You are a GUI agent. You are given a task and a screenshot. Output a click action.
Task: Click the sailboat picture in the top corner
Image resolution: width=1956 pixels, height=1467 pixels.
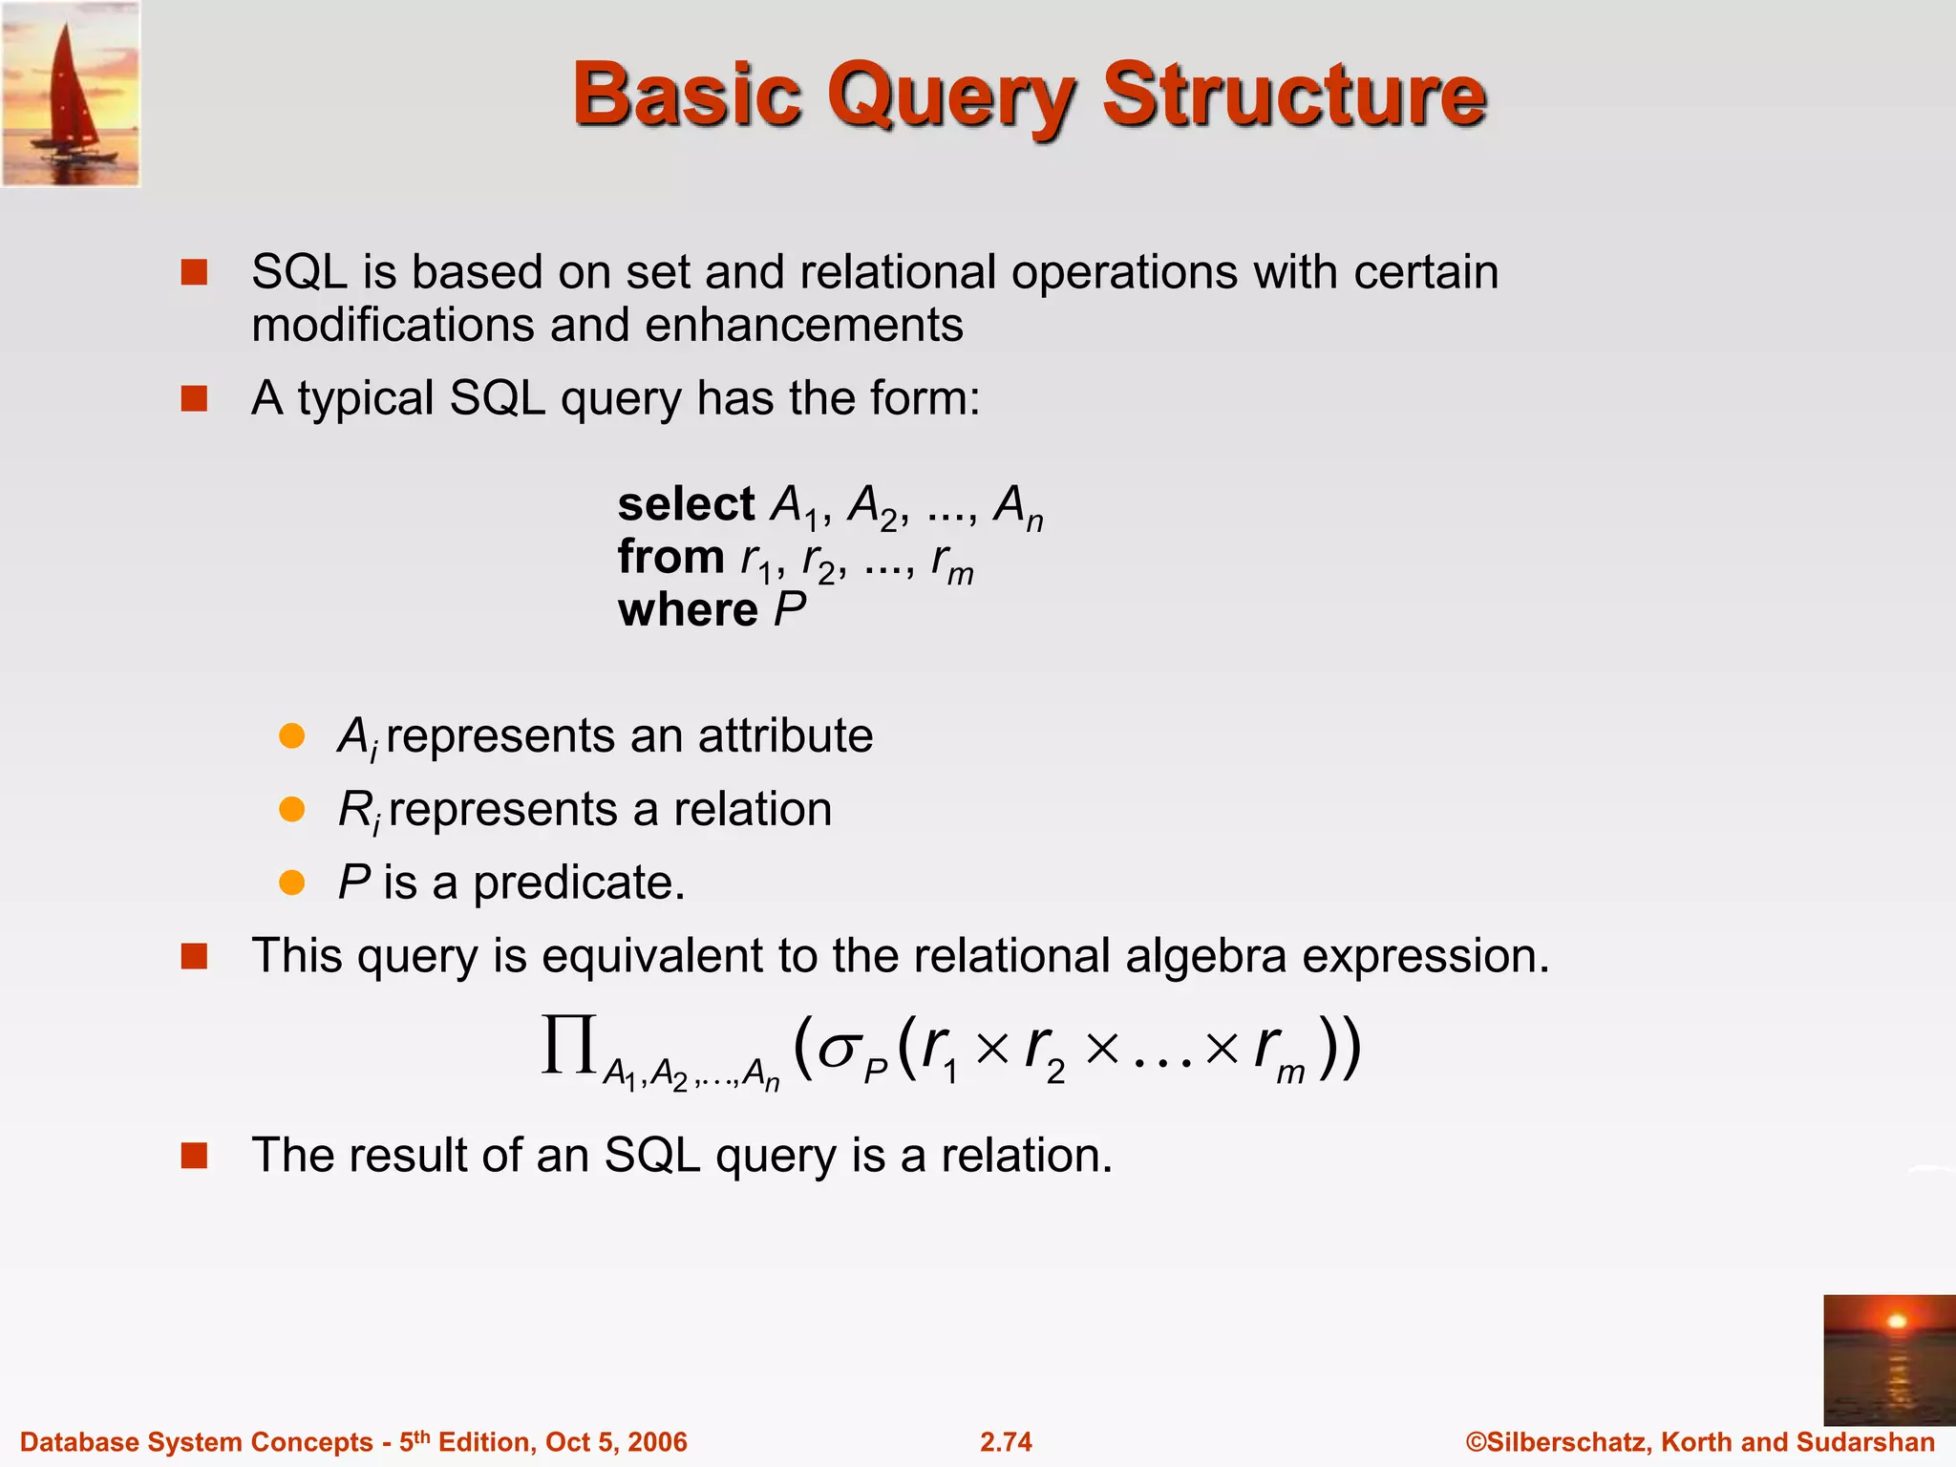tap(71, 94)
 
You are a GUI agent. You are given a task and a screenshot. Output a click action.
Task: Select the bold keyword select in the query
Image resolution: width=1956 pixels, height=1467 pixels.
tap(686, 504)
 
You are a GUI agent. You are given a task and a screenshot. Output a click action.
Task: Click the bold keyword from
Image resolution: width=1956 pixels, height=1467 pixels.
tap(670, 557)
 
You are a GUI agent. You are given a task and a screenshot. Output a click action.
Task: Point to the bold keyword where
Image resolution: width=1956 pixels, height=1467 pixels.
tap(688, 609)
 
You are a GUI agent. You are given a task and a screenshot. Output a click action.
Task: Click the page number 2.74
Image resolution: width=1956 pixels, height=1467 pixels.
tap(1006, 1441)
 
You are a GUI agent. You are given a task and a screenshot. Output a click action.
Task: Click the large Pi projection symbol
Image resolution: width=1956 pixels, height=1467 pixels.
tap(570, 1045)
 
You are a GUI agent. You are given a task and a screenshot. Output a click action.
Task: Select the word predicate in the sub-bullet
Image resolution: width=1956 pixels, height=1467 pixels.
tap(579, 882)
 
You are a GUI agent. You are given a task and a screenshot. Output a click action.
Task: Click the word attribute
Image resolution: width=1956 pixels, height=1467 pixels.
tap(785, 735)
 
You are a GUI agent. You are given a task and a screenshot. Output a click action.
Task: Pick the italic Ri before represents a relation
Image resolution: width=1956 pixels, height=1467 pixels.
tap(359, 811)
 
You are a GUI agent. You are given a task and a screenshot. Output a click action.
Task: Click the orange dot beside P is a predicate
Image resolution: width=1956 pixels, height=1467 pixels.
tap(291, 882)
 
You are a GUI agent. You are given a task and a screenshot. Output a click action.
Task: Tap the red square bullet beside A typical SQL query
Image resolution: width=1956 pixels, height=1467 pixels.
tap(194, 398)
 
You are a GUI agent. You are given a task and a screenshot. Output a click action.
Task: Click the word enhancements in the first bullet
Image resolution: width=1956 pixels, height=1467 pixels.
tap(804, 325)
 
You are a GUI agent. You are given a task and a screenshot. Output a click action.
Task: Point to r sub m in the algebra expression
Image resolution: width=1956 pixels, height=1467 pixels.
tap(1278, 1051)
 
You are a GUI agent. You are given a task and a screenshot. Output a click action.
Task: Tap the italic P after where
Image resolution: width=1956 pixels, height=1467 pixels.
tap(790, 609)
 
